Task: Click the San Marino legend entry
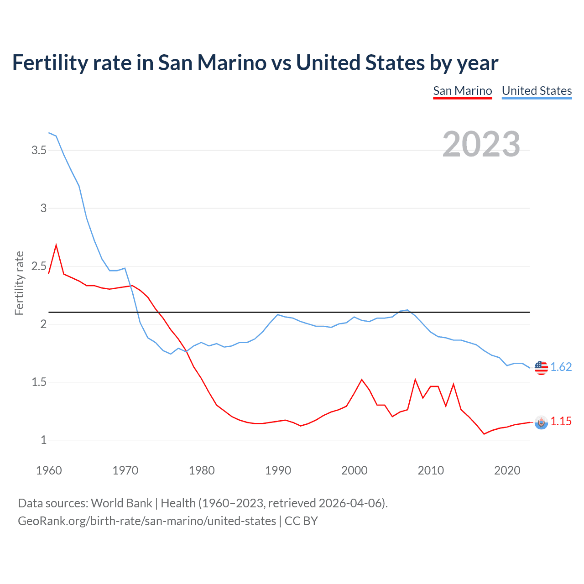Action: click(x=462, y=91)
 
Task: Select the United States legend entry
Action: click(x=537, y=91)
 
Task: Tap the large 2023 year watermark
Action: click(x=481, y=144)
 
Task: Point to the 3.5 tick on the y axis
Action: click(x=39, y=150)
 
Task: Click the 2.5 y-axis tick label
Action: click(x=39, y=266)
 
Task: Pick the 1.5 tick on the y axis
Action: click(x=39, y=382)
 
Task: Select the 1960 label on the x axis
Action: click(x=49, y=470)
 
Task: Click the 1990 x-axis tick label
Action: click(x=278, y=470)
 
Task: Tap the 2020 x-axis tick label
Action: click(x=507, y=470)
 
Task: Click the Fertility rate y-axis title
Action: click(x=19, y=283)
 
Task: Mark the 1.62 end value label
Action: click(x=561, y=367)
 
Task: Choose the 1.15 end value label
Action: click(x=561, y=421)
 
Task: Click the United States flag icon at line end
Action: click(x=541, y=367)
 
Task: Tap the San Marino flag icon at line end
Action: click(x=541, y=422)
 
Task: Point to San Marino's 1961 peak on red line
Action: click(x=56, y=245)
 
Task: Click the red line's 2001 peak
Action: click(x=362, y=380)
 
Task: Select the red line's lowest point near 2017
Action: click(x=484, y=434)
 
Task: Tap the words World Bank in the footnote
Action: click(x=121, y=503)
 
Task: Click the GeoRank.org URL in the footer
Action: click(x=147, y=521)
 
